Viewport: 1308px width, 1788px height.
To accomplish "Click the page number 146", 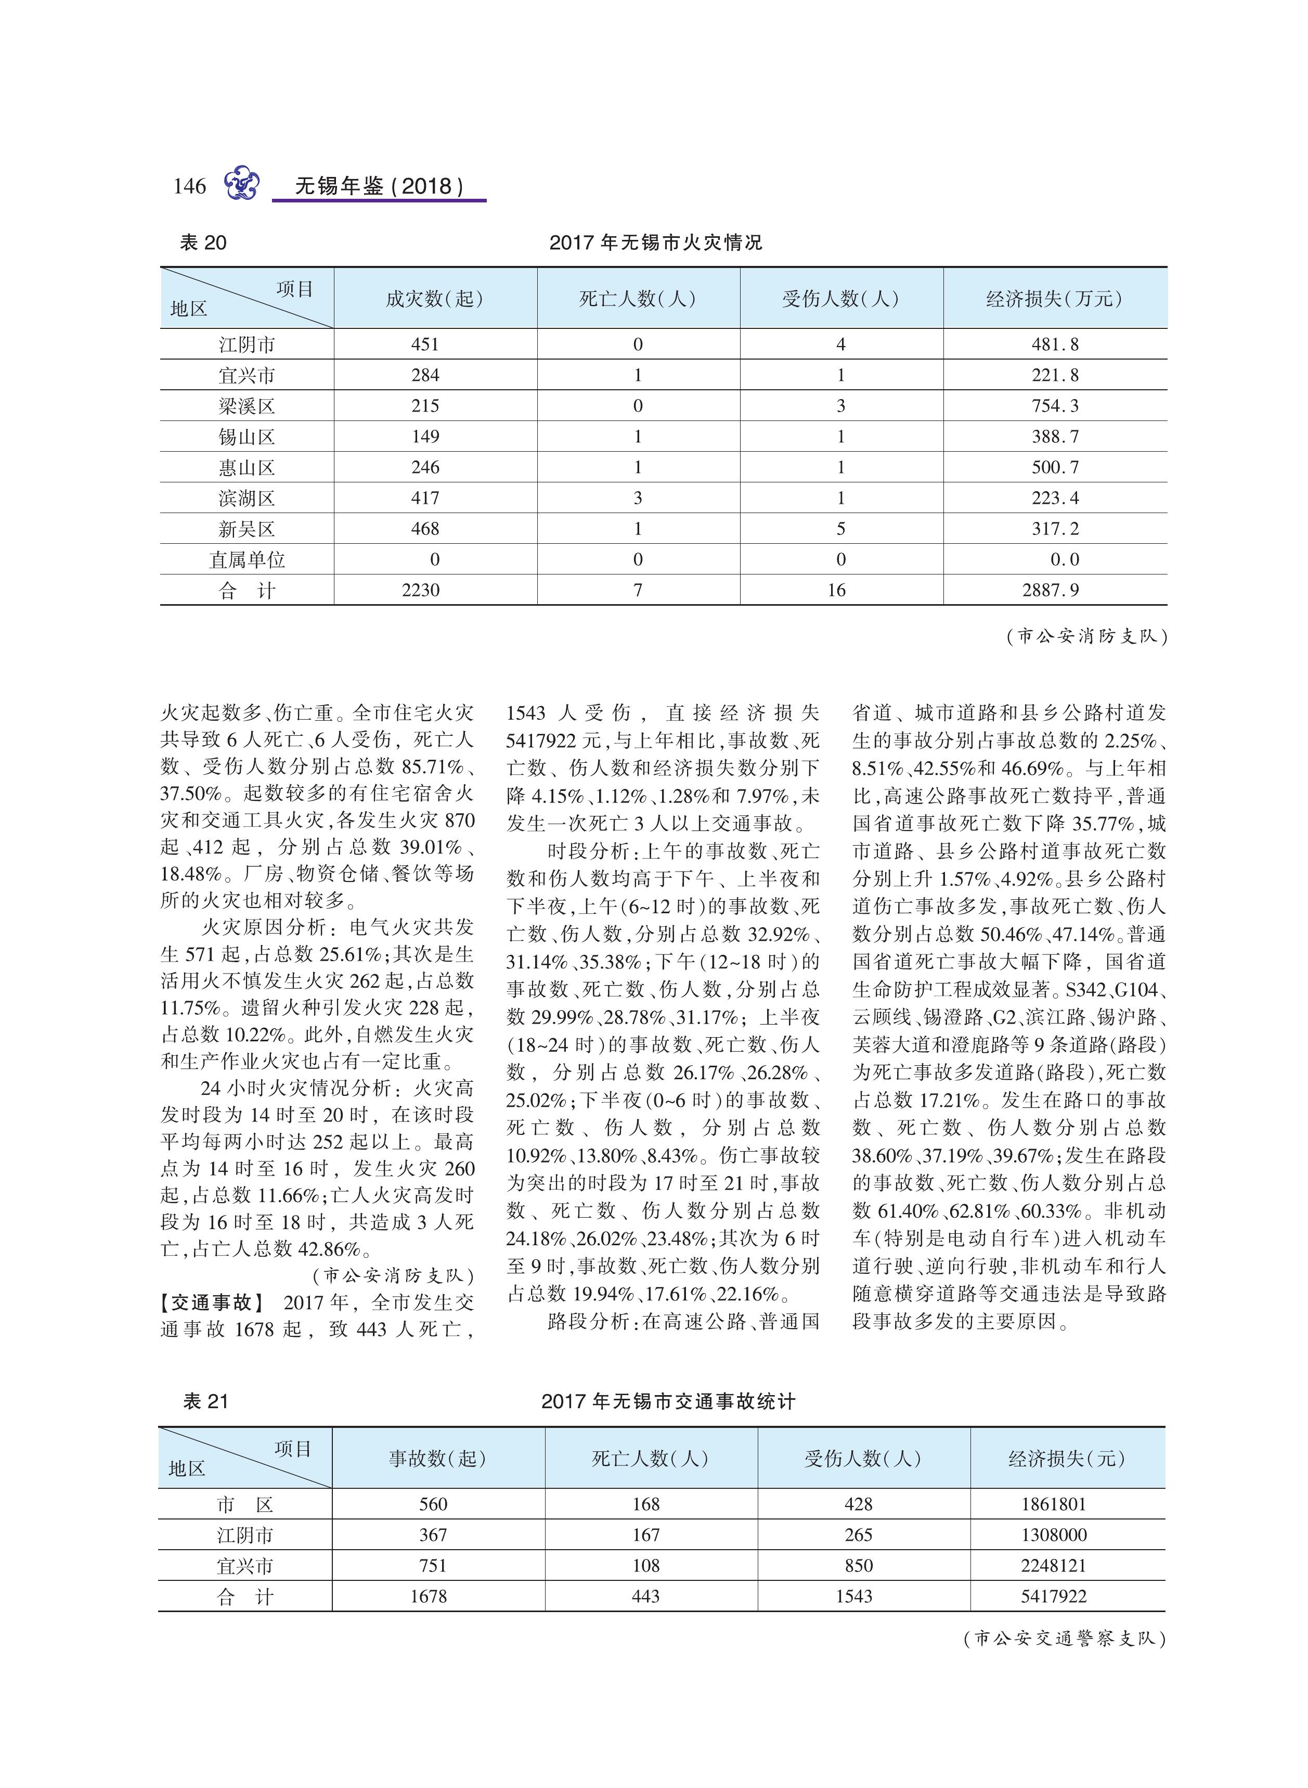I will pos(189,186).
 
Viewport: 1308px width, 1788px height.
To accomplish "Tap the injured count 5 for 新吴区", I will pos(841,529).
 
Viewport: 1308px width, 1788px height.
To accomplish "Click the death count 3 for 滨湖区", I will pos(638,499).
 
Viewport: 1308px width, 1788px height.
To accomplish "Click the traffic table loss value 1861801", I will pos(1053,1504).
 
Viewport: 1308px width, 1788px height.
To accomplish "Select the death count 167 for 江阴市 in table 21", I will pos(646,1535).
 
